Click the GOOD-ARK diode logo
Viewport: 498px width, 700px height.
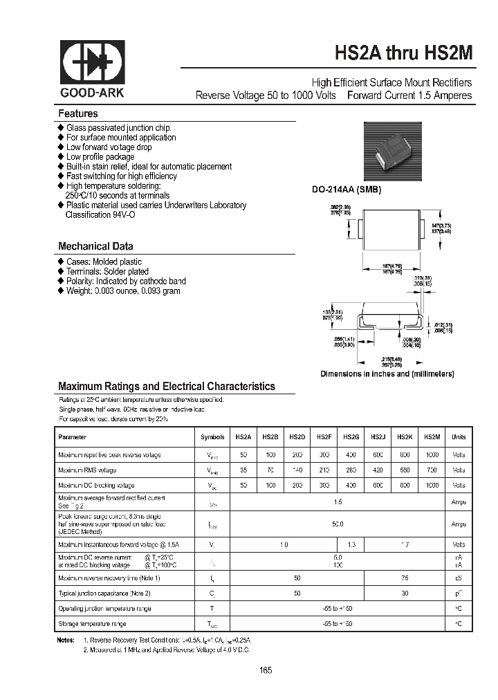92,64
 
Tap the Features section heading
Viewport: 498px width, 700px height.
78,113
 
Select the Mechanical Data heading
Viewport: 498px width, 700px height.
95,246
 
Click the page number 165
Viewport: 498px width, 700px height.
266,670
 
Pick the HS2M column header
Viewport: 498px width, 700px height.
432,437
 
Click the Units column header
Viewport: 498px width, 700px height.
459,437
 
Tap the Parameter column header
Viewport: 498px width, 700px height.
73,437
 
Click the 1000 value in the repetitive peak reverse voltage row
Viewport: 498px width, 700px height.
432,454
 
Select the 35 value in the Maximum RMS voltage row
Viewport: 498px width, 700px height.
243,470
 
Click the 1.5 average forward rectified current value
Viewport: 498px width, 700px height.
337,502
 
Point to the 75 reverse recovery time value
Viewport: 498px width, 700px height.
405,578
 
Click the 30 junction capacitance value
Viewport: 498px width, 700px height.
405,593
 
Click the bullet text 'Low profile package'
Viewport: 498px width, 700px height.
101,157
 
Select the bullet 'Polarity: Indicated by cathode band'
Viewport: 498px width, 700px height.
126,281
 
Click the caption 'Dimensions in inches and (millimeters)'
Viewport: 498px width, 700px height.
387,374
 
